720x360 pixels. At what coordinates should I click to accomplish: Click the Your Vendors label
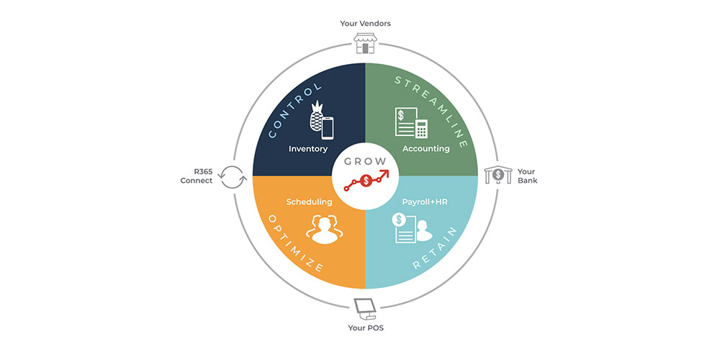point(365,24)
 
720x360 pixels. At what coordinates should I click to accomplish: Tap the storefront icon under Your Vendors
point(365,43)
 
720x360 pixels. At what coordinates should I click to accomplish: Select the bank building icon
point(498,175)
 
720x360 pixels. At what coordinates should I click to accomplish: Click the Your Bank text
point(527,176)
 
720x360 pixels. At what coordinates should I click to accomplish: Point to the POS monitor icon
point(366,309)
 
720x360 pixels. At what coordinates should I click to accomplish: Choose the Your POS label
point(366,328)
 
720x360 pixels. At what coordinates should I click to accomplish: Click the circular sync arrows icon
point(232,177)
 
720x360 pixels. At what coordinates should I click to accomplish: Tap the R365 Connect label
point(197,176)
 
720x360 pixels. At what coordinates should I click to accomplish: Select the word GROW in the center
point(366,161)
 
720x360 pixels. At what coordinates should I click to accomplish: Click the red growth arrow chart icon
point(366,180)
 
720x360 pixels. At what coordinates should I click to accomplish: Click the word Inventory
point(308,149)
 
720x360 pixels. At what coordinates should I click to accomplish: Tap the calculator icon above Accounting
point(421,129)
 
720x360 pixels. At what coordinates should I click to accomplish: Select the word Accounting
point(426,149)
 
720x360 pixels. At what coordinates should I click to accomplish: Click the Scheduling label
point(309,202)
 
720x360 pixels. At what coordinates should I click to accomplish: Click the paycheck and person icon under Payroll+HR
point(412,228)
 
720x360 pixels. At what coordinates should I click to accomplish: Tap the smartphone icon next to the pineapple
point(328,127)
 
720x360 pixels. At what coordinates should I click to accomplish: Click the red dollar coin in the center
point(366,181)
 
